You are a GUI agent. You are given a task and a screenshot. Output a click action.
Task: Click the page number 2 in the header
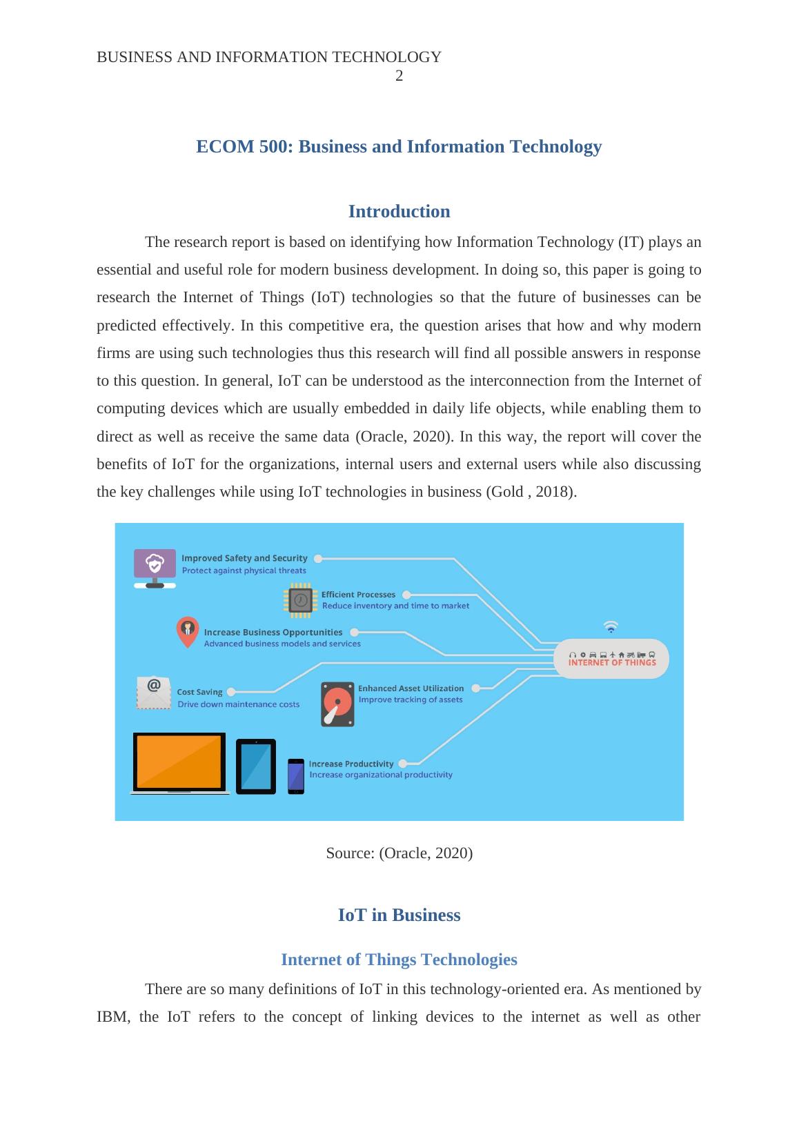click(x=399, y=77)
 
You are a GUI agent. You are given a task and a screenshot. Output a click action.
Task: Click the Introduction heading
click(x=399, y=211)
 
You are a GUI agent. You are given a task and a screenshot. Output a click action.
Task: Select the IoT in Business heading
click(x=399, y=915)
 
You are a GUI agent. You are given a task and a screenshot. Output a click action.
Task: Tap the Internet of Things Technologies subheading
click(x=399, y=960)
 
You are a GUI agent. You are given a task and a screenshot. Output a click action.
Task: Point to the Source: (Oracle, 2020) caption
click(x=399, y=853)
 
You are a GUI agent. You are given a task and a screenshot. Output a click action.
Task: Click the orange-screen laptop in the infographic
click(x=180, y=763)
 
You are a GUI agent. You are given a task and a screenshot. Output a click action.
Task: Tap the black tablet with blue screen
click(x=256, y=766)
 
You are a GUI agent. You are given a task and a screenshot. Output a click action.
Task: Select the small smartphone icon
click(x=296, y=776)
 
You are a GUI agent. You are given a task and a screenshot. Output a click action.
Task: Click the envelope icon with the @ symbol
click(x=154, y=693)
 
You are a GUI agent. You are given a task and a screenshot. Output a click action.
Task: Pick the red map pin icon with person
click(x=187, y=631)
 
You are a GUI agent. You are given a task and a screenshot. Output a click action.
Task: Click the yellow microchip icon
click(x=300, y=599)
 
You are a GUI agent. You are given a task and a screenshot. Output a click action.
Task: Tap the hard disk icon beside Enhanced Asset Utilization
click(x=337, y=704)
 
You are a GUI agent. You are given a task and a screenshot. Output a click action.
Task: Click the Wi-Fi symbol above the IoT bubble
click(x=611, y=626)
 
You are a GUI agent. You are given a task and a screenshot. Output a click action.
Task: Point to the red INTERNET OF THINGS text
click(x=612, y=662)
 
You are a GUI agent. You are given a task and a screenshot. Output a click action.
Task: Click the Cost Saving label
click(x=199, y=692)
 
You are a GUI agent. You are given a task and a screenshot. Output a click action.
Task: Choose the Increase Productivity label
click(x=351, y=764)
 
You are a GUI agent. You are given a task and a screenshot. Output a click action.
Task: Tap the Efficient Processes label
click(x=358, y=595)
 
